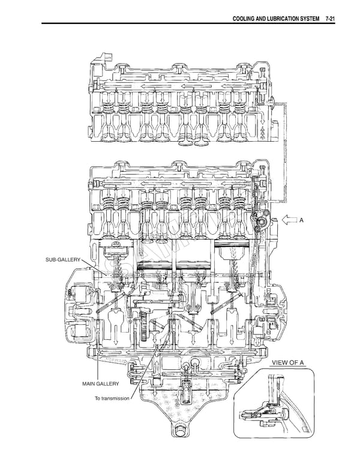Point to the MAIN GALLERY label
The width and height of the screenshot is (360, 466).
101,383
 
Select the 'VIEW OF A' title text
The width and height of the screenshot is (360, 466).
288,363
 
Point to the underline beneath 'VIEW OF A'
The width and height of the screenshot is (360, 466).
288,367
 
